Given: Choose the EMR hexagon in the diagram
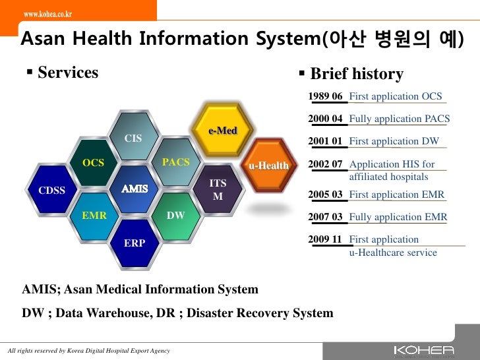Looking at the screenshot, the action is tap(94, 216).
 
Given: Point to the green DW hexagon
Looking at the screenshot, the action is tap(175, 216).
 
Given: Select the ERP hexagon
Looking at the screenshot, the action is tap(135, 243).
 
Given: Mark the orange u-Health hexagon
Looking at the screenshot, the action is tap(268, 165).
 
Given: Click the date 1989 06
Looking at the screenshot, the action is tap(326, 97).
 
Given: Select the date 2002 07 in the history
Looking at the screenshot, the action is tap(326, 164).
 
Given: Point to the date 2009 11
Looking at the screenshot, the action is tap(326, 239).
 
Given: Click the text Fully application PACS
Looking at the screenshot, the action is tap(399, 119).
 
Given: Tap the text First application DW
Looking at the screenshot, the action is tap(394, 141).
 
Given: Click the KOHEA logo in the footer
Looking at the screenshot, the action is tap(423, 349).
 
